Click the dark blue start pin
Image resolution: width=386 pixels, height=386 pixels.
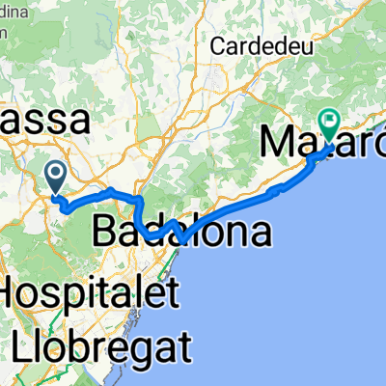(56, 174)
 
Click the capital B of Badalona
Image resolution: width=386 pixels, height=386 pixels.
(107, 231)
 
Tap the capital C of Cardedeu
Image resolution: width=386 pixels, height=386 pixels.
(219, 45)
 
